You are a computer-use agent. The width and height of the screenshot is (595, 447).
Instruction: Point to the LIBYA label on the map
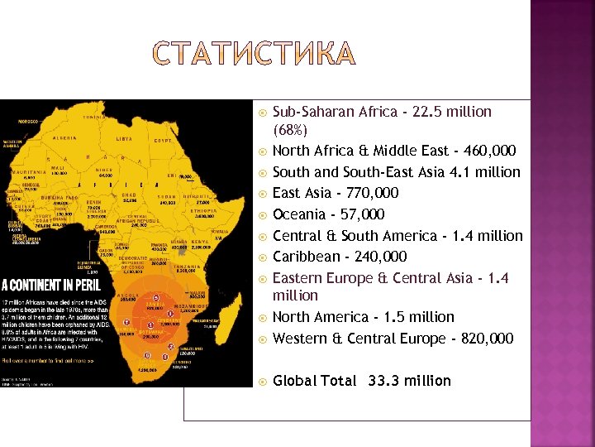click(x=124, y=138)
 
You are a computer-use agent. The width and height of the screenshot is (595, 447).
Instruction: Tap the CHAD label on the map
click(x=128, y=195)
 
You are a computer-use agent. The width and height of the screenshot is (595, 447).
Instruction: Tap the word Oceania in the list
click(x=299, y=214)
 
